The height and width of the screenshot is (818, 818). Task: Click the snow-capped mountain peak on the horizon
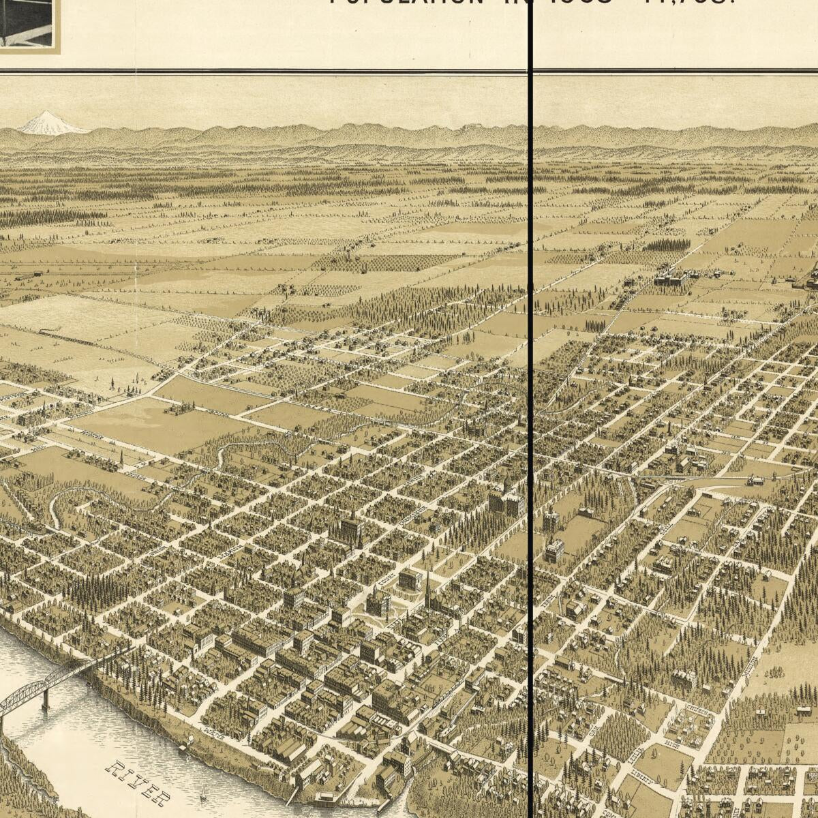click(x=46, y=122)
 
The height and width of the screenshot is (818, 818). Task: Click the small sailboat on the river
click(x=202, y=795)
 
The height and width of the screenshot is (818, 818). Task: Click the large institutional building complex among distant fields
click(x=671, y=277)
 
